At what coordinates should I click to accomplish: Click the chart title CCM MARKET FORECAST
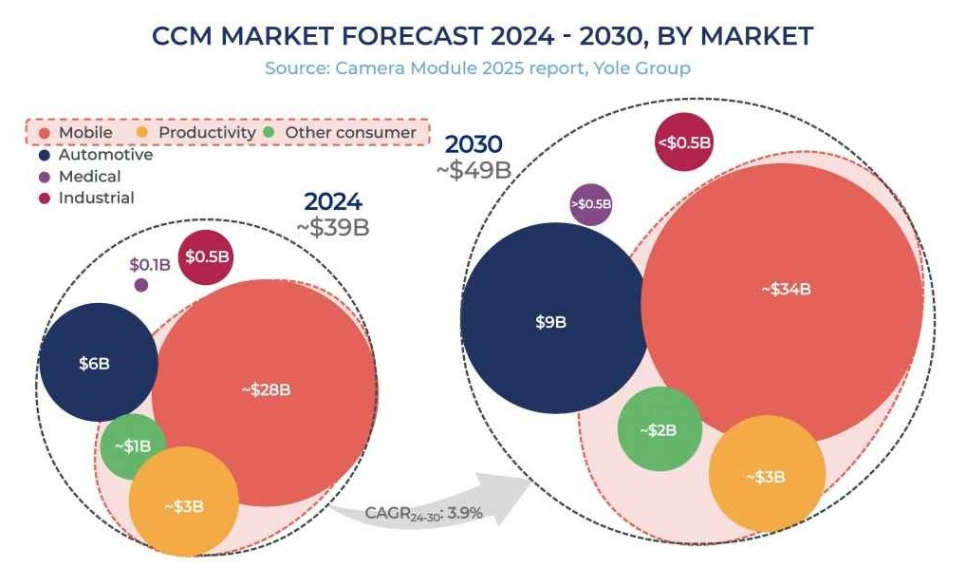click(482, 36)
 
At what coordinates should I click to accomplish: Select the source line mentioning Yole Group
click(477, 68)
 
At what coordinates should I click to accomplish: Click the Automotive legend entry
click(95, 154)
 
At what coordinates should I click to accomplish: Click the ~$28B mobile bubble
click(265, 389)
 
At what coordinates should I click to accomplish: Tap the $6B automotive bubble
click(98, 363)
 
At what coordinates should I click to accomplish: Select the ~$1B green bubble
click(132, 445)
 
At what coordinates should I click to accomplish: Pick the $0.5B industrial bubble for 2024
click(207, 256)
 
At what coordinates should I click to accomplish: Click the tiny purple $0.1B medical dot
click(141, 284)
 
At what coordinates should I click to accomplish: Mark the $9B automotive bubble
click(550, 322)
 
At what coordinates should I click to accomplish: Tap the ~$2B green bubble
click(659, 429)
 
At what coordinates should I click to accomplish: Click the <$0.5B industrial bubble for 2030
click(683, 142)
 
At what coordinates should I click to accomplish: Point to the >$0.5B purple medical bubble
click(590, 204)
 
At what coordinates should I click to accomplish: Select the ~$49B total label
click(474, 170)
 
